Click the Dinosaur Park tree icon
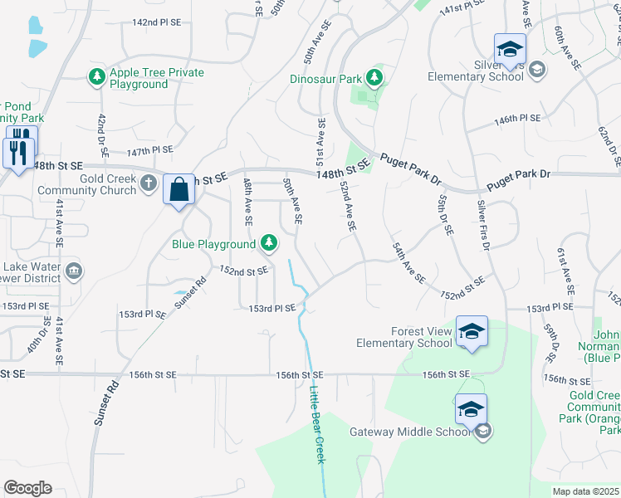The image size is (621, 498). (375, 79)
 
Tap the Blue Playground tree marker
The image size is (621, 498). (268, 243)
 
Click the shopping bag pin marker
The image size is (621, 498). (179, 190)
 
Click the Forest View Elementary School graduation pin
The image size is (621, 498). (472, 332)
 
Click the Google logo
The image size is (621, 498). (27, 488)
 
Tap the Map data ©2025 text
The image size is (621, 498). (584, 491)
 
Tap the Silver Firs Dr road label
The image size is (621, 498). (484, 225)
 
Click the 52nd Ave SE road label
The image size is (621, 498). (348, 207)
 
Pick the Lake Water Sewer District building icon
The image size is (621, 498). (73, 271)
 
